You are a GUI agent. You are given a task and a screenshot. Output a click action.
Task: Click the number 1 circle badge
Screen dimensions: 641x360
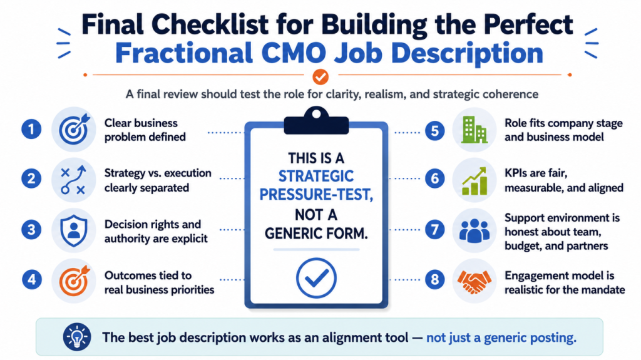click(x=31, y=130)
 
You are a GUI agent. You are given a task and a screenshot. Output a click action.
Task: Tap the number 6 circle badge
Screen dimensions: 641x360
click(x=434, y=179)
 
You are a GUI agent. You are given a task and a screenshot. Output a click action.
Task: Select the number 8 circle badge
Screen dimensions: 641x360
click(x=434, y=280)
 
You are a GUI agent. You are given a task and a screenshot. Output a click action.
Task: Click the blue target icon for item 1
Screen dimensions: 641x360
click(x=74, y=130)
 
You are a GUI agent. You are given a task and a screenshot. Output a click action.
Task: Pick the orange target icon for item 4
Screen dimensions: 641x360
click(x=74, y=280)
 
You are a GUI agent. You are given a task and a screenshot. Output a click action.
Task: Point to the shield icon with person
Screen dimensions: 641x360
click(x=74, y=230)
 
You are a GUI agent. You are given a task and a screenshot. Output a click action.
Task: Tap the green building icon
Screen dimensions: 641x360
click(x=474, y=130)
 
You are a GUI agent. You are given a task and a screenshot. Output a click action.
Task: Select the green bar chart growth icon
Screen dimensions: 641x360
click(x=474, y=180)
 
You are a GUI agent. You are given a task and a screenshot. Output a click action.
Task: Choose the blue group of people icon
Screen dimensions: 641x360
click(x=474, y=230)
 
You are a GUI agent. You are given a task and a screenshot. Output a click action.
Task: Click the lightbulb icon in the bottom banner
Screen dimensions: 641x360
click(x=77, y=337)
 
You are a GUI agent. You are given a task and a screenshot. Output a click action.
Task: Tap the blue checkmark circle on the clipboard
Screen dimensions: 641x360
click(x=316, y=278)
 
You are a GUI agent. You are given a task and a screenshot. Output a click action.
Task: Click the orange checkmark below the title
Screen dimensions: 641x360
click(x=320, y=76)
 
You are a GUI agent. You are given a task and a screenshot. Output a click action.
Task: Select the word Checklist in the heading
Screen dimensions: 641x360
click(x=210, y=24)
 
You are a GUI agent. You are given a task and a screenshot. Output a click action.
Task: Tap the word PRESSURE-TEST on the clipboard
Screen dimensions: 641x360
click(x=316, y=195)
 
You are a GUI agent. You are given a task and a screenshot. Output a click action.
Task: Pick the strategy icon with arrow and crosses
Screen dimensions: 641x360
click(x=74, y=180)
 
